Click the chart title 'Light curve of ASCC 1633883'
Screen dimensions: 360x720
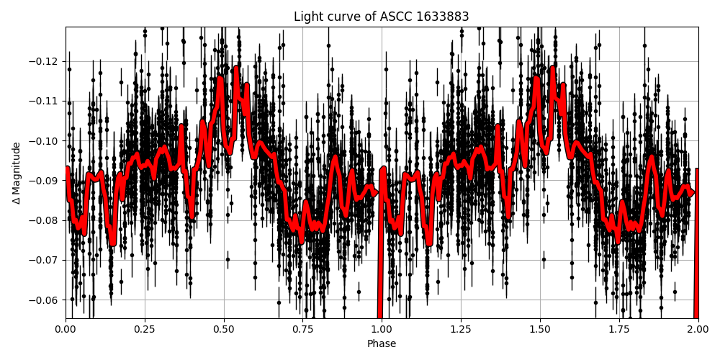point(381,17)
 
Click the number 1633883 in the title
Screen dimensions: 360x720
point(442,17)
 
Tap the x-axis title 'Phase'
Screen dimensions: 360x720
point(382,343)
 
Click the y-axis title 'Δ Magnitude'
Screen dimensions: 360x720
point(16,173)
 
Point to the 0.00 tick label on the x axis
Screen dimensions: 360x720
point(66,329)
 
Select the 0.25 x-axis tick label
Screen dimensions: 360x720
point(145,329)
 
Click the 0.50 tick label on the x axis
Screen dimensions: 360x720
point(224,329)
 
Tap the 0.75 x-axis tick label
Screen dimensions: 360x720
point(302,329)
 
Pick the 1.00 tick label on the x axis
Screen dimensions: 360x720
point(382,329)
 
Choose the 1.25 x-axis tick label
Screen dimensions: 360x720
point(461,329)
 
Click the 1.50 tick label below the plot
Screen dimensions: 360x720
point(540,329)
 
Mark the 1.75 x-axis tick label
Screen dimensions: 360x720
point(618,329)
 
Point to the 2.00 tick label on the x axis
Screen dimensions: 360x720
point(698,329)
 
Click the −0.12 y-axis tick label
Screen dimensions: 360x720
point(45,61)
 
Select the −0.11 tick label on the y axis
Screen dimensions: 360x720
point(45,101)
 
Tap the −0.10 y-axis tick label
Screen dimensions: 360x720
point(45,140)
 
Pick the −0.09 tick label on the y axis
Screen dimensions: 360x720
point(45,180)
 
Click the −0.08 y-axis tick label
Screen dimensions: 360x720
point(45,220)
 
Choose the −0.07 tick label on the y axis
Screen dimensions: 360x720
point(45,260)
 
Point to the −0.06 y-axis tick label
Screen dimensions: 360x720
point(45,300)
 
